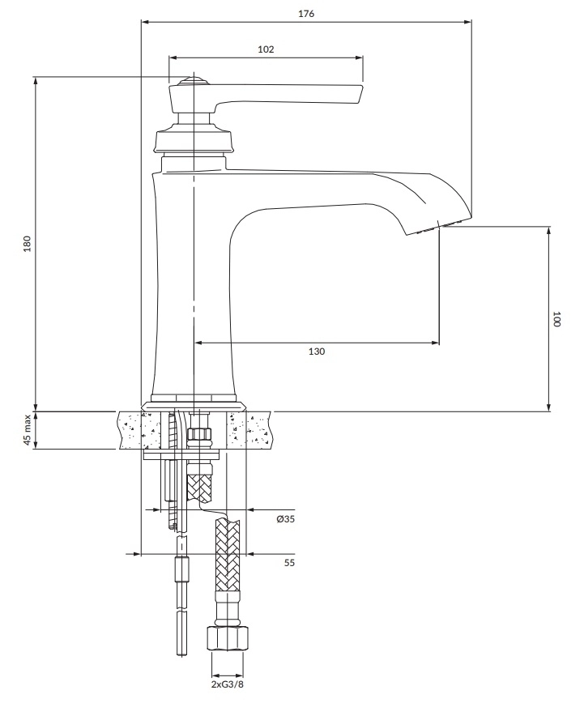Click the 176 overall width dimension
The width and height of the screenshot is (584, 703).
tap(305, 14)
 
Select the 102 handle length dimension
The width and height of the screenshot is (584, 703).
tap(266, 49)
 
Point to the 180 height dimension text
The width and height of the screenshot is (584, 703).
tap(27, 244)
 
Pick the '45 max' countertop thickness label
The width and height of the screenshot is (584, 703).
tap(27, 430)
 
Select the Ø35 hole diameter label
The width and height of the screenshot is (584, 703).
tap(285, 519)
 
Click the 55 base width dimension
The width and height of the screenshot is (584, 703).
tap(289, 562)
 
